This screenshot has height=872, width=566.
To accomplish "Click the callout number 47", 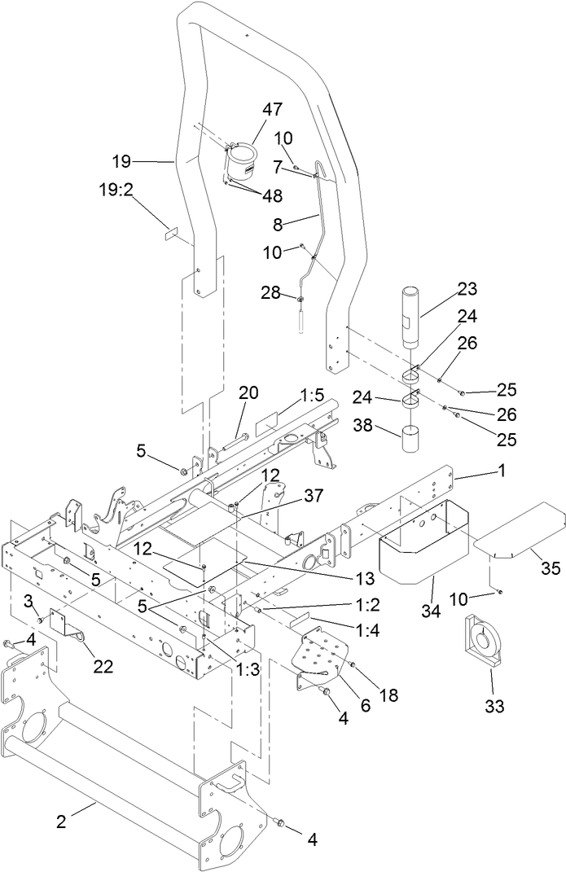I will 272,108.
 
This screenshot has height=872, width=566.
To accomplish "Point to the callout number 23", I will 467,289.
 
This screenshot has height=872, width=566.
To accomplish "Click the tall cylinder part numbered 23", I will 410,313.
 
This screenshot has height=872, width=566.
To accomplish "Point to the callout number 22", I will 103,667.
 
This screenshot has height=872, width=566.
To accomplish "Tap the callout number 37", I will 314,494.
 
